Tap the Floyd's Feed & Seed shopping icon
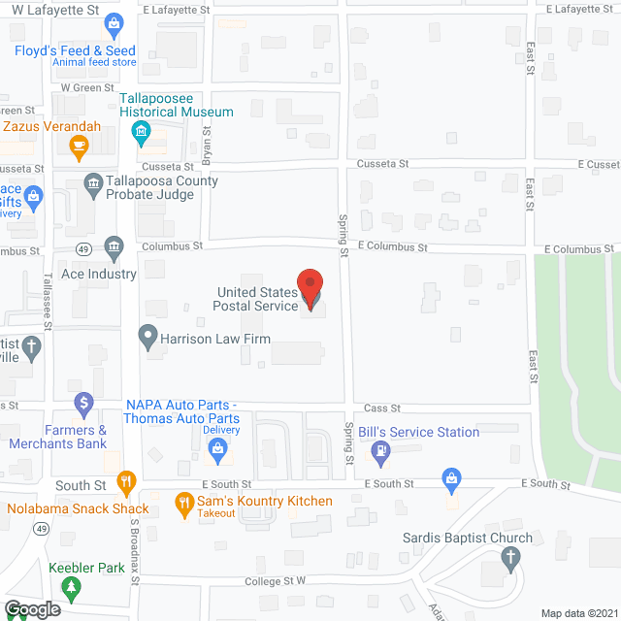tap(114, 21)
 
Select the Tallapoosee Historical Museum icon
tap(142, 131)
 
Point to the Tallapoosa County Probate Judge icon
tap(93, 183)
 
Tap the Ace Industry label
tap(99, 274)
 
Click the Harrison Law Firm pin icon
tap(147, 339)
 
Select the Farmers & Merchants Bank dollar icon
tap(84, 401)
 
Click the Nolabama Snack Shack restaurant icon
tap(125, 480)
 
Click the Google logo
tap(31, 609)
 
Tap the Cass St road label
tap(376, 409)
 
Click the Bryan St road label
tap(206, 146)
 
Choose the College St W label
tap(275, 581)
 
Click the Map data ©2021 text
tap(578, 612)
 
